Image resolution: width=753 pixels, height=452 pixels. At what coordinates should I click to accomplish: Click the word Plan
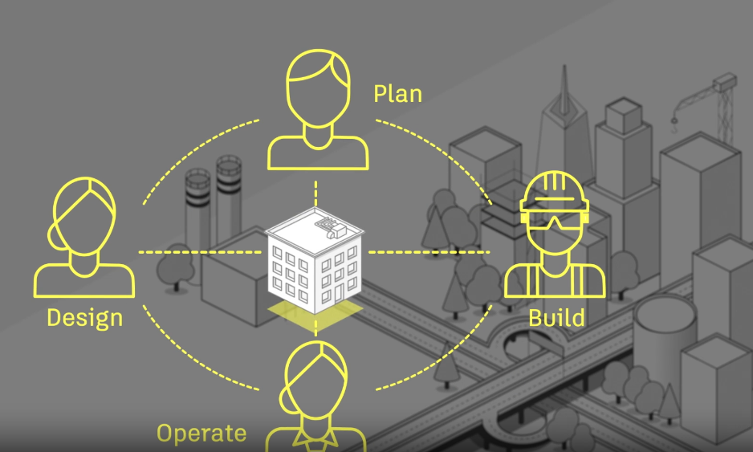click(x=397, y=94)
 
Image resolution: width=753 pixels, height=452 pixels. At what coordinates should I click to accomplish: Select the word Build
click(x=556, y=318)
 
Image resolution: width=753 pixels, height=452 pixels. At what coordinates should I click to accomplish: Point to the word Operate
click(x=201, y=434)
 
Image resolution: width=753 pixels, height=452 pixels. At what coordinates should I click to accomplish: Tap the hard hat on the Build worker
click(x=554, y=191)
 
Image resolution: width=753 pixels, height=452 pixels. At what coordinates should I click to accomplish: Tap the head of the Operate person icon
click(x=315, y=380)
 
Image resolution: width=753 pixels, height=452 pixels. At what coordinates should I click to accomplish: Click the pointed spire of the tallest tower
click(x=564, y=84)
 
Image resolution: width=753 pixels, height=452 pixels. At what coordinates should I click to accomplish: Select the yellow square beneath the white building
click(x=315, y=315)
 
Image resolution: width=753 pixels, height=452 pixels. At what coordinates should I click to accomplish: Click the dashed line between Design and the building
click(x=200, y=252)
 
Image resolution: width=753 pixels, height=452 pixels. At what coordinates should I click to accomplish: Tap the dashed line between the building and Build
click(x=429, y=252)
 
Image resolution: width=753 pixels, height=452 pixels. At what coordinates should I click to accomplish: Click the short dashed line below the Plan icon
click(x=315, y=193)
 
